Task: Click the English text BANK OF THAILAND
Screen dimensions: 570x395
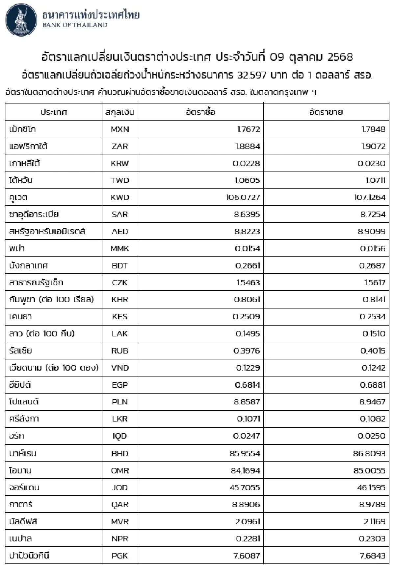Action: click(75, 25)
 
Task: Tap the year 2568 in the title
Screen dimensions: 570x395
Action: click(340, 57)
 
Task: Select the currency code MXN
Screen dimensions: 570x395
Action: click(120, 129)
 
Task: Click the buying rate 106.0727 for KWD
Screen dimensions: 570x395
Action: click(243, 197)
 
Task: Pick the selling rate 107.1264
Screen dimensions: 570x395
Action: click(368, 197)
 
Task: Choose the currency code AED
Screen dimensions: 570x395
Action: click(120, 232)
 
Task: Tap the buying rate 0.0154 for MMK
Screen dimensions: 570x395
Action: click(247, 249)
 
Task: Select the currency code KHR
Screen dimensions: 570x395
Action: click(120, 300)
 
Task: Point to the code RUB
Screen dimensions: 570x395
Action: click(120, 351)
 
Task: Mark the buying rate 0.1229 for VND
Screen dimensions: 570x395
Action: click(248, 368)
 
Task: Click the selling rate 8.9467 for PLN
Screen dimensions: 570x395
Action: click(372, 402)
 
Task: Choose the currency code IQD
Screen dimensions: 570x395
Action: click(120, 436)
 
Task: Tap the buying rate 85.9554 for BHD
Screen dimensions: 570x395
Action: click(245, 453)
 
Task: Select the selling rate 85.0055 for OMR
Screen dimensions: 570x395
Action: click(369, 470)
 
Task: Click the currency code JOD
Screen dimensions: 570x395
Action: click(120, 488)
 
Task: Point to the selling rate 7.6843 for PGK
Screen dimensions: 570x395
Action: click(372, 556)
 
